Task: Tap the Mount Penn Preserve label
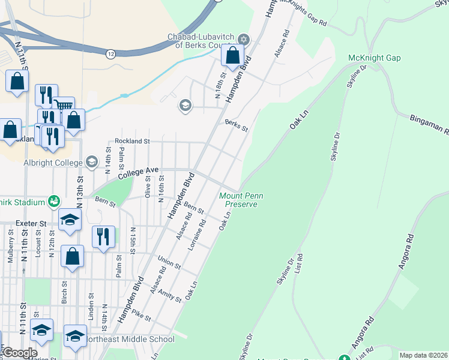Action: [238, 200]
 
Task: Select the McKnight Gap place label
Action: [374, 58]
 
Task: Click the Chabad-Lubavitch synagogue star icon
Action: [243, 40]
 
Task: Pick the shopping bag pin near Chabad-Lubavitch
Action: [232, 56]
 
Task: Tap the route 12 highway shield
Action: [110, 54]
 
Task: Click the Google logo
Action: [20, 353]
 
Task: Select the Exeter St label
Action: [31, 223]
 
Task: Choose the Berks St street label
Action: [236, 125]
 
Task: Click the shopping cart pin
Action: [64, 107]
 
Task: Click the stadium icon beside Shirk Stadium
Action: [53, 200]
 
